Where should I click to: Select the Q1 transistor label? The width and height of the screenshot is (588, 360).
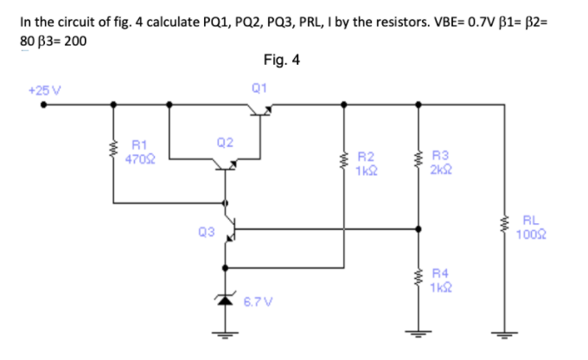(259, 87)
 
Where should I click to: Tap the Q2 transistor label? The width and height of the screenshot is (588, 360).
(224, 141)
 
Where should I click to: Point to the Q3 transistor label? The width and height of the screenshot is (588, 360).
(205, 231)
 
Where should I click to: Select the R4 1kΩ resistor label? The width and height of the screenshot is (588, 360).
(440, 277)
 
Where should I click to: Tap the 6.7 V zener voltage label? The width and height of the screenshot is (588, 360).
(257, 302)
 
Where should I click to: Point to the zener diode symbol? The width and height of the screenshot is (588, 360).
(227, 299)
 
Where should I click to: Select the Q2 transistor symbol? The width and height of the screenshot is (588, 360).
(227, 164)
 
